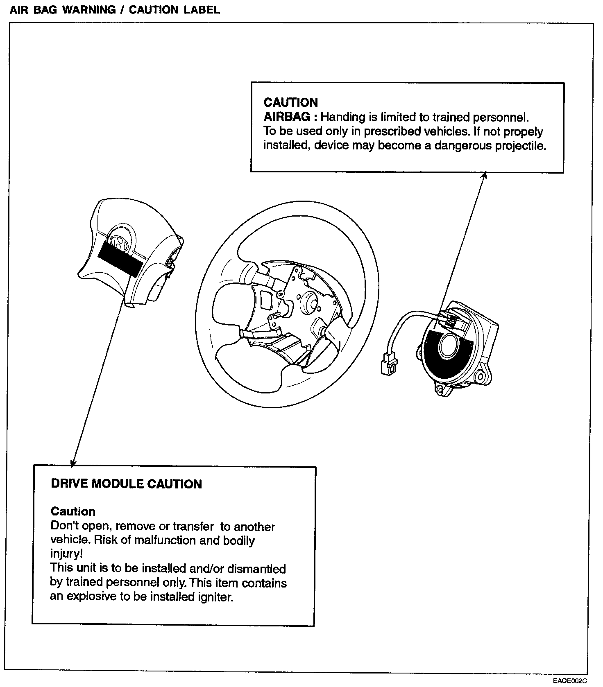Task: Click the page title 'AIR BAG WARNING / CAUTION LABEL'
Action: pos(114,10)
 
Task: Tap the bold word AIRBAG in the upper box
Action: pos(286,117)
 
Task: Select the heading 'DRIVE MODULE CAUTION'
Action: pos(126,484)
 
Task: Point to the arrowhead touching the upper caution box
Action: pos(484,175)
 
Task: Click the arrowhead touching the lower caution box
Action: pos(73,463)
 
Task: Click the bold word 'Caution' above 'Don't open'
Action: pos(73,511)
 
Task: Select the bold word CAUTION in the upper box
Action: pos(290,102)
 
